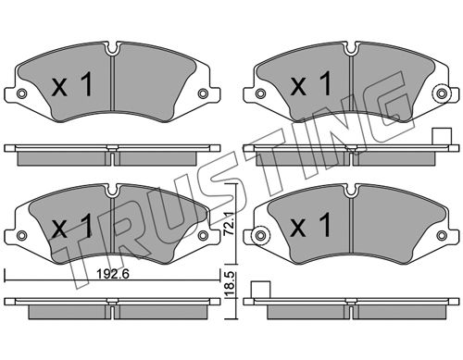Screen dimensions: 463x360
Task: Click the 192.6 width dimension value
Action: pos(112,273)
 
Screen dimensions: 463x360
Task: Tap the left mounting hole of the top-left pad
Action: pos(21,93)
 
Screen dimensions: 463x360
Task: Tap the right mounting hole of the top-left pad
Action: pos(203,93)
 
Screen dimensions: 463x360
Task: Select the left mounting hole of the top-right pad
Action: pos(260,93)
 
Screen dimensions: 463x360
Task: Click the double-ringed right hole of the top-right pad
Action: pos(442,93)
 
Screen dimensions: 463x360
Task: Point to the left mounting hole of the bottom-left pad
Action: pos(21,235)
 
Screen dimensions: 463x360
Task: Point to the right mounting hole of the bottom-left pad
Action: pos(203,235)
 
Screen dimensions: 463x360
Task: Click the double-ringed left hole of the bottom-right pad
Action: pos(260,235)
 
